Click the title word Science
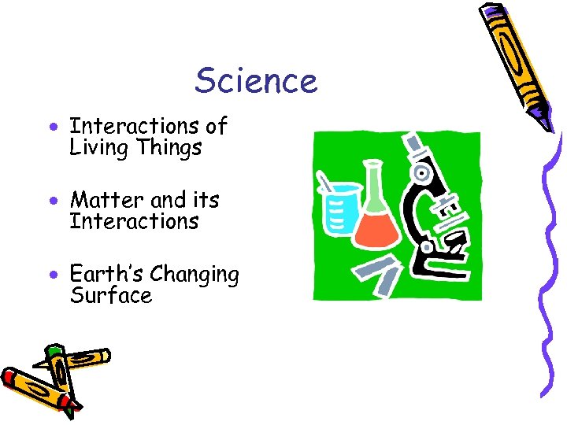coord(256,80)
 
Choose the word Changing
coord(195,275)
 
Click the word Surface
coord(110,296)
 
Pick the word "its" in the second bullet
coord(205,200)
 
